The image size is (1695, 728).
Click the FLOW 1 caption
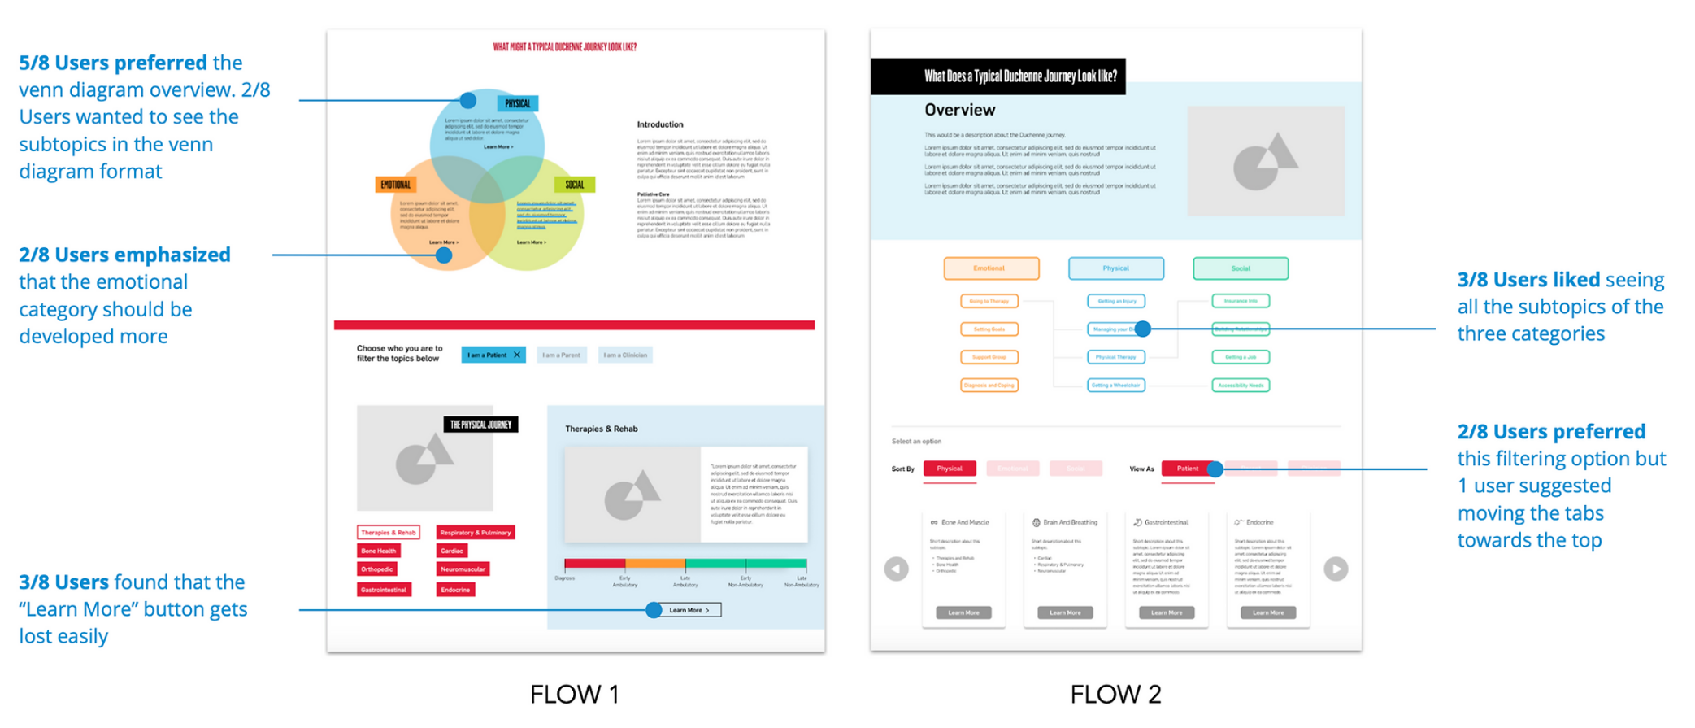coord(574,694)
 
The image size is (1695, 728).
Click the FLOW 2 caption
coord(1115,694)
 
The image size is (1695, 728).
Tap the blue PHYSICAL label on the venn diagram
coord(518,103)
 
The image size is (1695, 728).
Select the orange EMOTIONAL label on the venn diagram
coord(396,185)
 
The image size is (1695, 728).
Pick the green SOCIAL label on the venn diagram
coord(574,185)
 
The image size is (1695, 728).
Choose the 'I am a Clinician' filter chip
coord(625,355)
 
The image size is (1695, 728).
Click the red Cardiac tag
coord(452,551)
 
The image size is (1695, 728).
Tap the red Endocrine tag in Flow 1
coord(455,590)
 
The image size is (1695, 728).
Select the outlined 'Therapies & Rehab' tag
coord(389,533)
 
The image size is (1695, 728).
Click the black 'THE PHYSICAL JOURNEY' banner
coord(480,425)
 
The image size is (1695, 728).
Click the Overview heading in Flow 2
coord(959,110)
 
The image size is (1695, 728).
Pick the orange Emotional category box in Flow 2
coord(991,268)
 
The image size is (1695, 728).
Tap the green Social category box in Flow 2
coord(1241,268)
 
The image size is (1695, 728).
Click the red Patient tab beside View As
coord(1187,469)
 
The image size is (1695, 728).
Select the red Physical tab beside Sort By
coord(950,469)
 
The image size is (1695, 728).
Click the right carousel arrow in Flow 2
coord(1336,569)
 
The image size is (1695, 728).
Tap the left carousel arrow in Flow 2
coord(897,569)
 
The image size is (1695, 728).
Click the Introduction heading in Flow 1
coord(660,124)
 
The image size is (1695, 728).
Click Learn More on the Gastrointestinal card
coord(1167,612)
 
